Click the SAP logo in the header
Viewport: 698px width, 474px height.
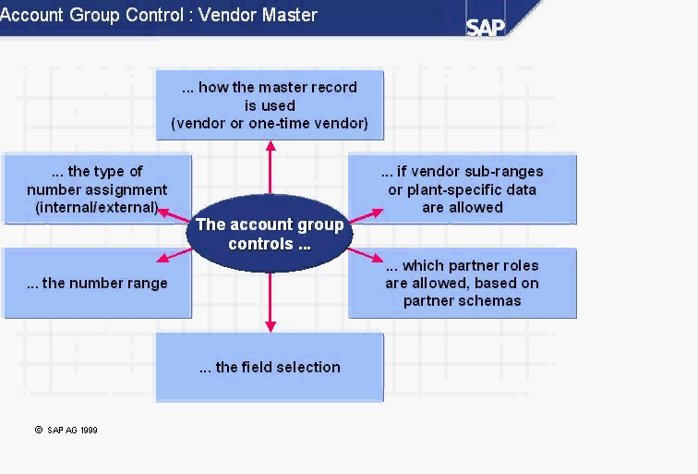[486, 26]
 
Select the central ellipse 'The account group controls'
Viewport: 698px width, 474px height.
[270, 235]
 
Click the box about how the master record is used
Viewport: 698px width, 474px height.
[270, 105]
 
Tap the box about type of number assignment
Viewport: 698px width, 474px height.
[97, 189]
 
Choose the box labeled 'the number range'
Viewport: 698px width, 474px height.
[97, 283]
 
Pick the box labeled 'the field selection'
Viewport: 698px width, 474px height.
[270, 367]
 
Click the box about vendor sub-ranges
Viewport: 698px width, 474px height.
[463, 189]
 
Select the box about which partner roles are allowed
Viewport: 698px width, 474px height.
[463, 283]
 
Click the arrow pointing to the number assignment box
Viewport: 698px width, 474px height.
[173, 214]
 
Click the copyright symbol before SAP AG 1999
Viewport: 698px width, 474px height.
[39, 430]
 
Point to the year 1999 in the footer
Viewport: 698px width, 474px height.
[89, 430]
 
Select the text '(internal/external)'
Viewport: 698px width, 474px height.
[97, 207]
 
